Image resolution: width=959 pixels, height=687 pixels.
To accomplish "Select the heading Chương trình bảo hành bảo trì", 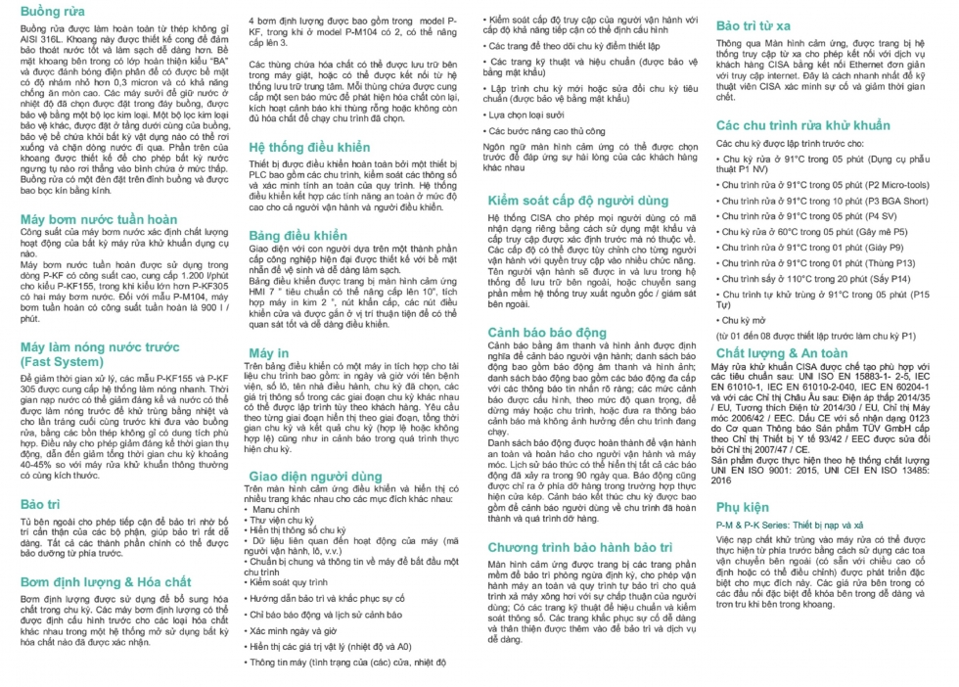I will point(585,545).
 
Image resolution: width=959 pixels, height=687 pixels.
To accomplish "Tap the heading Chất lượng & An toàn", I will point(782,351).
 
